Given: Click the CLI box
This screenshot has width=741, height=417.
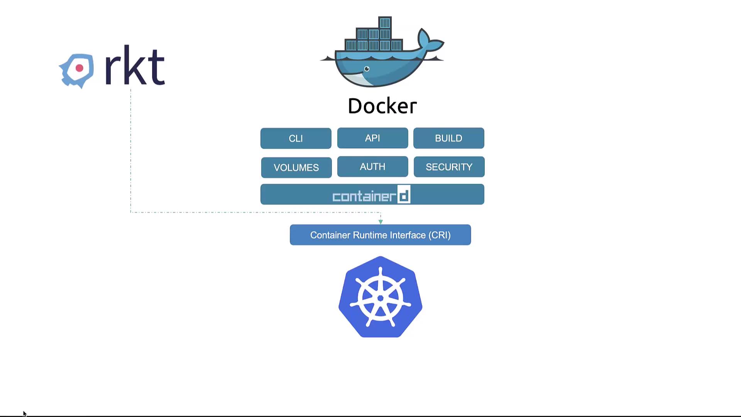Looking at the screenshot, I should (296, 138).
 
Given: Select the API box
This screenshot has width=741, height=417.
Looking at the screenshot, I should (372, 138).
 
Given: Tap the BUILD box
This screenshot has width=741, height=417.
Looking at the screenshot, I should (448, 138).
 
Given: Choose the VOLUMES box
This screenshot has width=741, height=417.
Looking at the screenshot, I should (296, 167).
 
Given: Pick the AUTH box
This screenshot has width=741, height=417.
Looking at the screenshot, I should (372, 166).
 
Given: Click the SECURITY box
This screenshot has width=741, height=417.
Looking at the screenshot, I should (449, 167).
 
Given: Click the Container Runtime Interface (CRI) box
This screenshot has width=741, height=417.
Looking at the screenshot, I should (380, 235).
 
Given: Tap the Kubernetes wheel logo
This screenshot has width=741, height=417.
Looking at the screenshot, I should (380, 297).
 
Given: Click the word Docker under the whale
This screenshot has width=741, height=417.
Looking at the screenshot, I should (382, 106).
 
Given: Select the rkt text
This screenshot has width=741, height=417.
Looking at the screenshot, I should (135, 66).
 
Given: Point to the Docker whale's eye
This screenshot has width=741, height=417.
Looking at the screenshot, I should (367, 69).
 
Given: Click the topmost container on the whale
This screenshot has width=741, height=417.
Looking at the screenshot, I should (385, 23).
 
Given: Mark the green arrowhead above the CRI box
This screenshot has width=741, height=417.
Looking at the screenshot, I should (381, 222).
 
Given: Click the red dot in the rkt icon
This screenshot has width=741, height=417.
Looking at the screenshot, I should (80, 68).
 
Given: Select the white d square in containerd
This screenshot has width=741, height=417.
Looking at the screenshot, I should (404, 195).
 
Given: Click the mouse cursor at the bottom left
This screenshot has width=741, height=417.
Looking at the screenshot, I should (24, 414).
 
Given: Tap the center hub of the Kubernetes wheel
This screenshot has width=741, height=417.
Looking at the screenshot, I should (380, 298).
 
